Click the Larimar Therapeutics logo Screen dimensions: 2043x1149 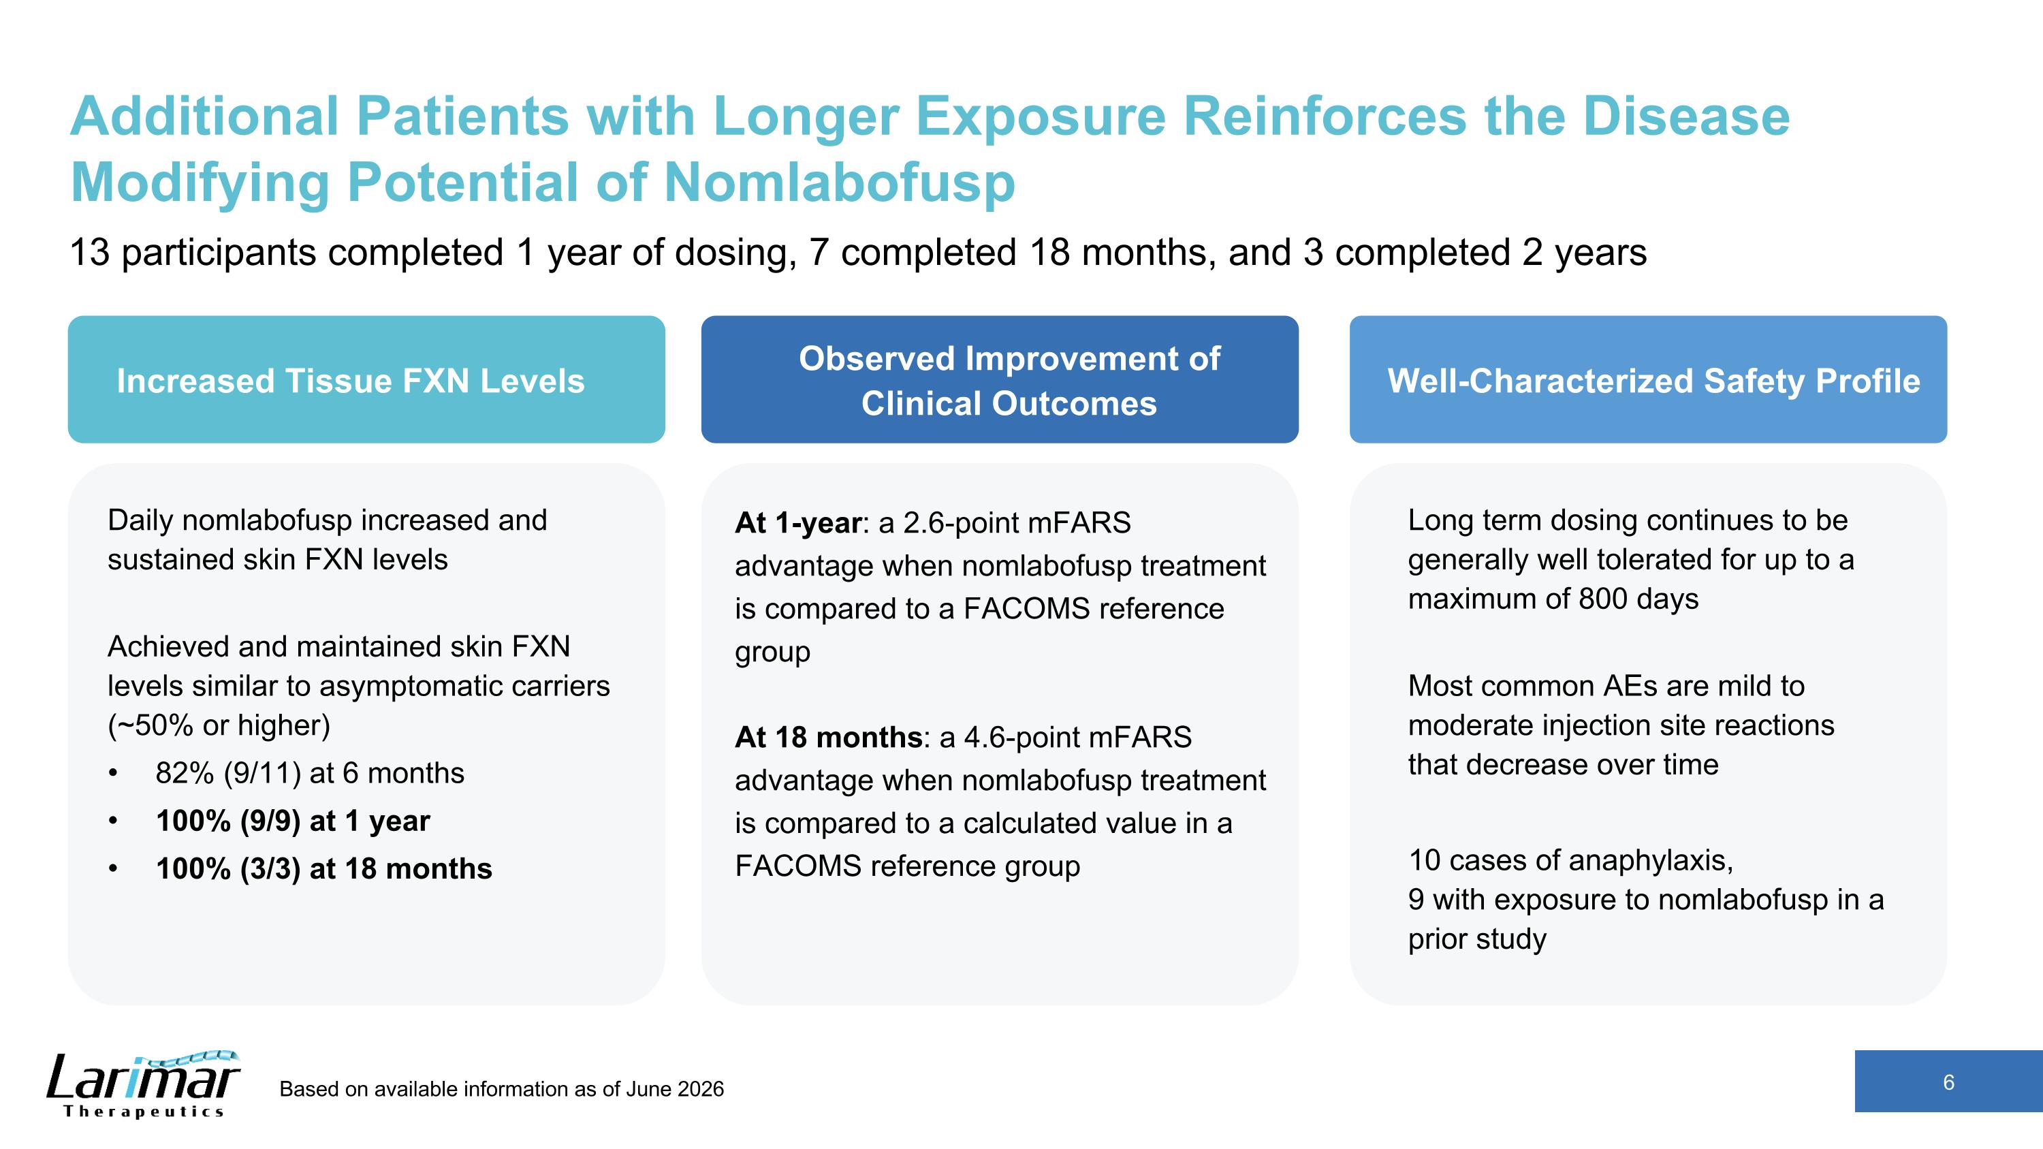click(x=143, y=1084)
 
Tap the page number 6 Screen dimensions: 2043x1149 click(x=1948, y=1082)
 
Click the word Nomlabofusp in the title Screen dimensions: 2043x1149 click(x=839, y=183)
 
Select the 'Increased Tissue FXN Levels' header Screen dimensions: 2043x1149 click(x=351, y=381)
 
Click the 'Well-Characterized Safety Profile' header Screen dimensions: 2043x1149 click(x=1653, y=381)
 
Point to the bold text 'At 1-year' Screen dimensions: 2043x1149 click(x=798, y=522)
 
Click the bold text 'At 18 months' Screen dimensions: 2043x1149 click(x=829, y=738)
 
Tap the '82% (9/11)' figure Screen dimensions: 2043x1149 click(x=227, y=773)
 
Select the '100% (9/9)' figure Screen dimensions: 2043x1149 click(x=227, y=821)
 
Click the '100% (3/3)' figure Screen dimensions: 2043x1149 click(x=227, y=869)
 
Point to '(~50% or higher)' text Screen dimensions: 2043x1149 click(x=219, y=725)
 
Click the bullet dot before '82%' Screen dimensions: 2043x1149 click(x=114, y=774)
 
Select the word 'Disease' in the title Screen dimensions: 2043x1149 click(x=1687, y=116)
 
